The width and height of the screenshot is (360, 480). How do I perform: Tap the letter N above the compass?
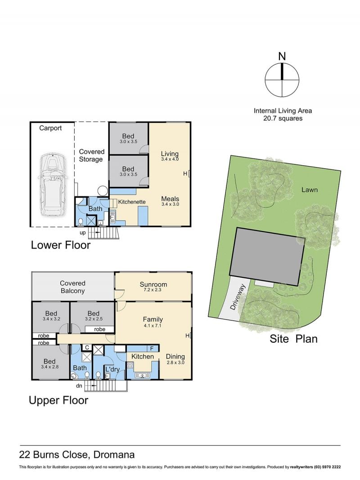pyautogui.click(x=282, y=56)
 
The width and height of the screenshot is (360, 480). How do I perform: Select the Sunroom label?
pyautogui.click(x=153, y=284)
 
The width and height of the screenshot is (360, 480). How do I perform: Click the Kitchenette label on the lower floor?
pyautogui.click(x=132, y=202)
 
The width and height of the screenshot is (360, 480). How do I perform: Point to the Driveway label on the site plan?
pyautogui.click(x=238, y=297)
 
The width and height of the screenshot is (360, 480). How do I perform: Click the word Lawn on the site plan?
pyautogui.click(x=310, y=190)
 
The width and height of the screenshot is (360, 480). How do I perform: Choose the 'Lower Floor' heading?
pyautogui.click(x=61, y=245)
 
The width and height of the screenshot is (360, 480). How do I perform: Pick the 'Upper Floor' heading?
pyautogui.click(x=58, y=400)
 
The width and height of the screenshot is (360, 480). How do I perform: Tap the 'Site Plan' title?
pyautogui.click(x=293, y=339)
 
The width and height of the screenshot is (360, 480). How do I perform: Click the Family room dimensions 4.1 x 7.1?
pyautogui.click(x=153, y=326)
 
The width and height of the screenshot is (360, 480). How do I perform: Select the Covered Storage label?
pyautogui.click(x=91, y=155)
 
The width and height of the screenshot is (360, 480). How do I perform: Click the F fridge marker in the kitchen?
pyautogui.click(x=152, y=349)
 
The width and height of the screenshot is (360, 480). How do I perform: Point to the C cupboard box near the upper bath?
pyautogui.click(x=87, y=348)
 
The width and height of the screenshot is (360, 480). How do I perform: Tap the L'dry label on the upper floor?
pyautogui.click(x=112, y=369)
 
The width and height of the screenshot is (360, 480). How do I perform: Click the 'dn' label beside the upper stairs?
pyautogui.click(x=79, y=386)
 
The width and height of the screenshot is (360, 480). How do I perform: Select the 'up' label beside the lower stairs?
pyautogui.click(x=83, y=233)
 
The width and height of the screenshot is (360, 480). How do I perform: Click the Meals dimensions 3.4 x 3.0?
pyautogui.click(x=170, y=204)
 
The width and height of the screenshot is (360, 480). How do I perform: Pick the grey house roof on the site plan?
pyautogui.click(x=268, y=257)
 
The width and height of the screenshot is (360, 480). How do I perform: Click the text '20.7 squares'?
pyautogui.click(x=283, y=118)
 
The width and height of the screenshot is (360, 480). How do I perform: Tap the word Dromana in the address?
pyautogui.click(x=114, y=455)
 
